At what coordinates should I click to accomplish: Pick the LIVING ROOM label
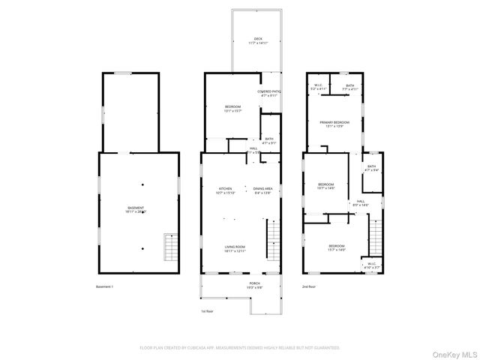[235, 248]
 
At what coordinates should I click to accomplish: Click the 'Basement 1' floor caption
[105, 287]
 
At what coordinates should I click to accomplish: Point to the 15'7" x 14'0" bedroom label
[336, 248]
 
